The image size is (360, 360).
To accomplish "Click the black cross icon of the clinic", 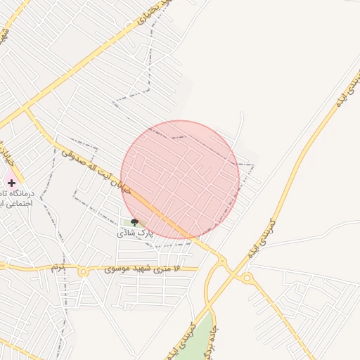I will coord(11,183).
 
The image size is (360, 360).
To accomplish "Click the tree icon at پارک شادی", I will coord(134,222).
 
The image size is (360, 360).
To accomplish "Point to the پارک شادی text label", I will coord(134,231).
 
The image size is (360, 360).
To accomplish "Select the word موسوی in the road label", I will coord(115,269).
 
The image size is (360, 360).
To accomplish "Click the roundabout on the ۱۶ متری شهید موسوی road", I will coord(83,271).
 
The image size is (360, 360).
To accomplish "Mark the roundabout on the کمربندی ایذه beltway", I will coord(247,278).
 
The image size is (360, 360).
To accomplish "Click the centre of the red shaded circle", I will coord(180,180).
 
